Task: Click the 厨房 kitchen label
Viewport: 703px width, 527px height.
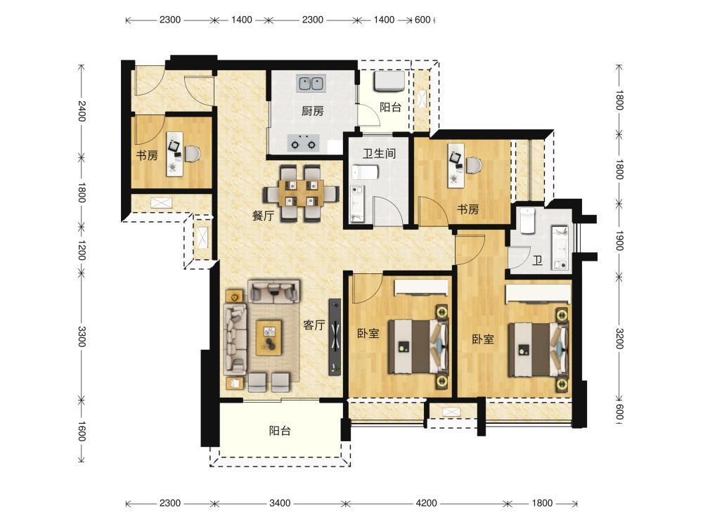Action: tap(313, 111)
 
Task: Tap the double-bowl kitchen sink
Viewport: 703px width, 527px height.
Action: tap(311, 84)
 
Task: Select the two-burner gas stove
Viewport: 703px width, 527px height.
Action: tap(303, 143)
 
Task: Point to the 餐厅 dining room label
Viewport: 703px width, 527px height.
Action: tap(263, 216)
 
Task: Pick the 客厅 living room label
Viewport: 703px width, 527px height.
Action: tap(314, 325)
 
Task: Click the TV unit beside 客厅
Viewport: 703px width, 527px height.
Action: tap(335, 337)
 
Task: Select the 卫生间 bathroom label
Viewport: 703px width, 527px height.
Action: tap(380, 154)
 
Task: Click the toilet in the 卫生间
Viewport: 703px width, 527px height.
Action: tap(365, 171)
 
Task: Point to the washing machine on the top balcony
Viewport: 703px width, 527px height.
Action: tap(389, 81)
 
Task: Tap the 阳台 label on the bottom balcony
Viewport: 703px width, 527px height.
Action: tap(280, 431)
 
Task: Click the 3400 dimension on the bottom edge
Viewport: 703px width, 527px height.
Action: tap(280, 503)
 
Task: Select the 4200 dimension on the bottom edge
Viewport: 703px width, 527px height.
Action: tap(426, 503)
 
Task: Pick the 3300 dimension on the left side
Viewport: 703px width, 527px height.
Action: tap(81, 336)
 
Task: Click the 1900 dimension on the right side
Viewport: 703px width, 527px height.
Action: tap(619, 240)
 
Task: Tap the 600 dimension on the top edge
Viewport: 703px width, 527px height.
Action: tap(423, 20)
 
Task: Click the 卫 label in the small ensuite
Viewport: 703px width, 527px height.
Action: tap(537, 261)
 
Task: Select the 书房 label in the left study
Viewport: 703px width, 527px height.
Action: tap(147, 155)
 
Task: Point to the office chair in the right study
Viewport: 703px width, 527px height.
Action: tap(473, 165)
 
